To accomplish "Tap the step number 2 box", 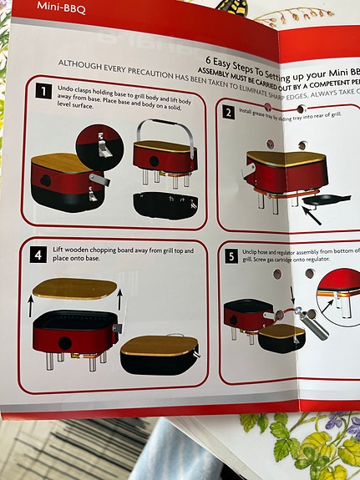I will click(x=228, y=112).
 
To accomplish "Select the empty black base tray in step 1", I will click(x=165, y=205).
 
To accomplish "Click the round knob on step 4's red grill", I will click(x=64, y=342).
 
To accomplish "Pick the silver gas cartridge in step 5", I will click(x=312, y=321).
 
